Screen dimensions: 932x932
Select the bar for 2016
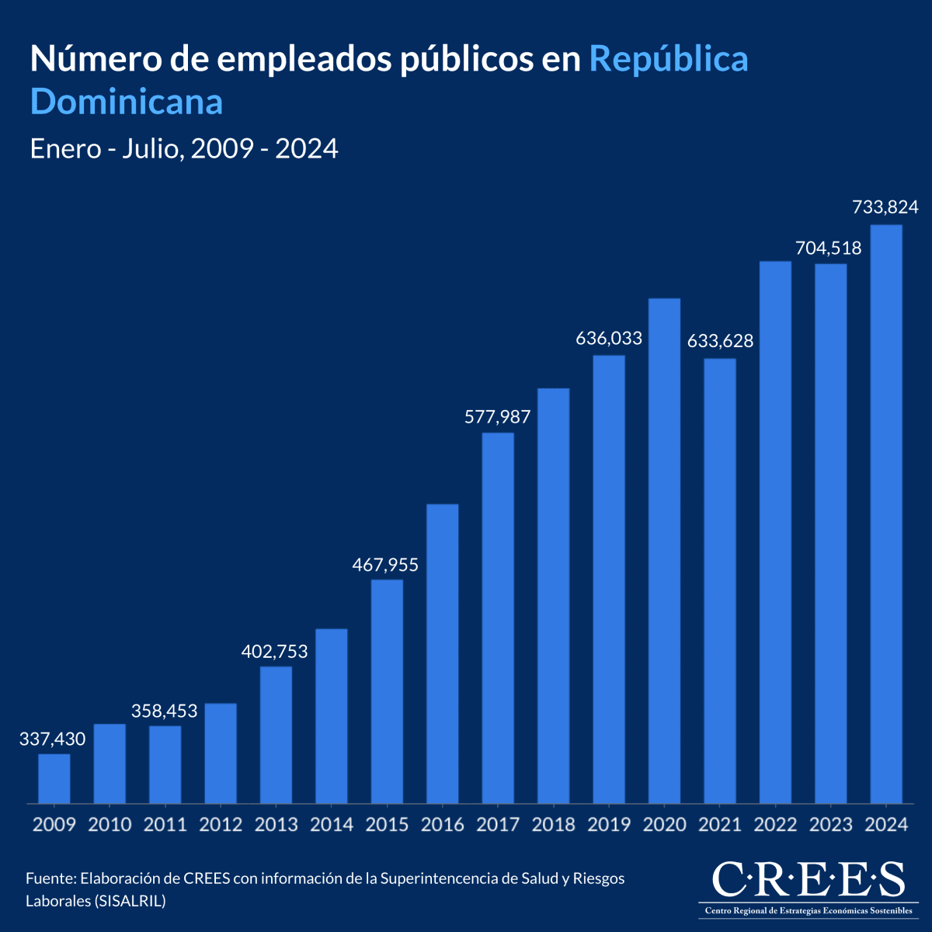pyautogui.click(x=443, y=653)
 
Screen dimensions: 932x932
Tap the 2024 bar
pyautogui.click(x=886, y=513)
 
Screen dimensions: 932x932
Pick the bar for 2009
pyautogui.click(x=54, y=778)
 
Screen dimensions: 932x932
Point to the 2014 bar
pyautogui.click(x=332, y=715)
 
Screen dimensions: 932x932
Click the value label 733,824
pyautogui.click(x=885, y=207)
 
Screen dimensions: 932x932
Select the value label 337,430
pyautogui.click(x=52, y=739)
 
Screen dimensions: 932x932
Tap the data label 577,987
pyautogui.click(x=497, y=417)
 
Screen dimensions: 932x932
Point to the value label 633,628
pyautogui.click(x=720, y=341)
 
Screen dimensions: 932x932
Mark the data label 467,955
pyautogui.click(x=385, y=565)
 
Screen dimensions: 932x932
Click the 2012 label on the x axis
pyautogui.click(x=221, y=825)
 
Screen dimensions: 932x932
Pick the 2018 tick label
pyautogui.click(x=554, y=825)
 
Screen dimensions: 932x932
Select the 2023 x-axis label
pyautogui.click(x=831, y=825)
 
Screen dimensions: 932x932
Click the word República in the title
pyautogui.click(x=669, y=60)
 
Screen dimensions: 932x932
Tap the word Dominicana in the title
pyautogui.click(x=127, y=102)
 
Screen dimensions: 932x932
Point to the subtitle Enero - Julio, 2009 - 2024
pyautogui.click(x=184, y=148)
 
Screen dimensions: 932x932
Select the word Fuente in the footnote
pyautogui.click(x=50, y=878)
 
